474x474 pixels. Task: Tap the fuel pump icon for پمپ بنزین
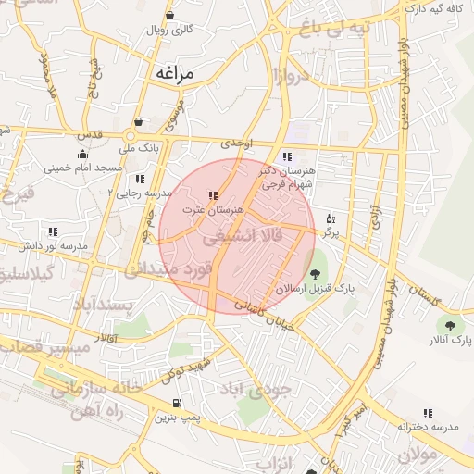point(176,404)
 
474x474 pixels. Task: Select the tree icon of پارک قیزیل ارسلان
point(316,273)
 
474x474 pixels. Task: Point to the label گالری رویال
point(169,30)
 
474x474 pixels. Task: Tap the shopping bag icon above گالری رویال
point(169,16)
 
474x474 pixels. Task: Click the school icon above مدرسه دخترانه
point(428,413)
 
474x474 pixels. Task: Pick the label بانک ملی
point(143,146)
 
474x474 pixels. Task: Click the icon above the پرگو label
point(331,219)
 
